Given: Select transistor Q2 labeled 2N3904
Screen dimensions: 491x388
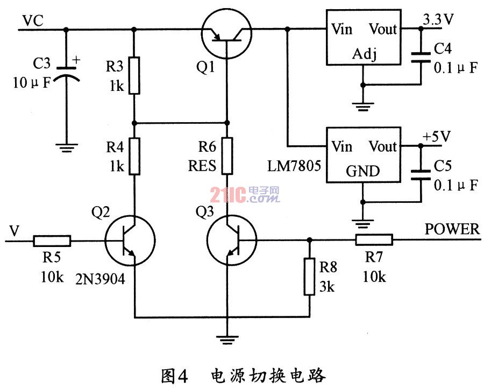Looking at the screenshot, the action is point(130,241).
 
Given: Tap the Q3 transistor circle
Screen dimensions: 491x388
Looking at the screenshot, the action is point(232,241).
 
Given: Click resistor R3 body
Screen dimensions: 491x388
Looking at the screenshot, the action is point(134,75).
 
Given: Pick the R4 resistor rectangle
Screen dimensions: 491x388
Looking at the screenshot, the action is point(134,157).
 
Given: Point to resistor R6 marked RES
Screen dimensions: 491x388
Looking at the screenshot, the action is point(227,156).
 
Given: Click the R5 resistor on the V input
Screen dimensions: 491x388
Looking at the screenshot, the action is point(52,241).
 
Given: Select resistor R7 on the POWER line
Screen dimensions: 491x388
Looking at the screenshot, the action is point(374,240).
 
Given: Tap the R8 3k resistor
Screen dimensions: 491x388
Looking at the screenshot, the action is point(309,277).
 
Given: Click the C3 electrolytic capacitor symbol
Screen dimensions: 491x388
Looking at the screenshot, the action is point(66,74).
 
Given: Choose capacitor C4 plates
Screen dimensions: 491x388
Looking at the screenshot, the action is point(421,58).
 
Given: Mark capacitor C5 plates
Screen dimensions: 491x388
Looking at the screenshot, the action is point(421,175).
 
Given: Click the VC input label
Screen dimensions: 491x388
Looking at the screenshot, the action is point(33,21).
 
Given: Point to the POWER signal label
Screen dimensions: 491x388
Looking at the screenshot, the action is point(452,229).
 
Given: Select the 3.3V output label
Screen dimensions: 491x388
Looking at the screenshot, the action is point(438,19).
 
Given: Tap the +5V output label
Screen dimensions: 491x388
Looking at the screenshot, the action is point(437,137).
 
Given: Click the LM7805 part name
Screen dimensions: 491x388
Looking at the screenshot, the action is point(294,166).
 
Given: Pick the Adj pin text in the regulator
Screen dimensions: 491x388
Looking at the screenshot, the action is point(364,54).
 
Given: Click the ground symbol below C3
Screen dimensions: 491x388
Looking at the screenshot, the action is point(66,147).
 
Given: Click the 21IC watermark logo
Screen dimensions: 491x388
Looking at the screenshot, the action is point(245,194).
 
